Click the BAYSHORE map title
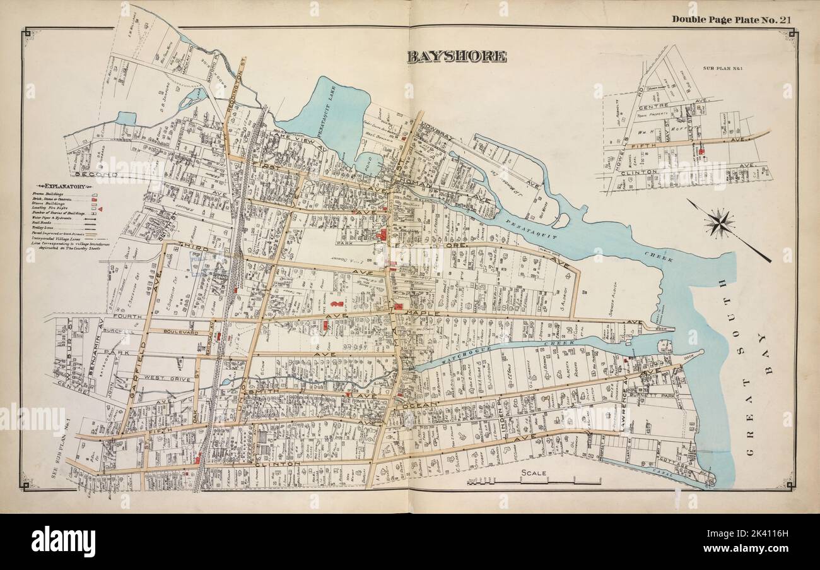click(x=456, y=57)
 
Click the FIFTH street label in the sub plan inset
click(x=654, y=145)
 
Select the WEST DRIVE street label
click(x=158, y=377)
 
